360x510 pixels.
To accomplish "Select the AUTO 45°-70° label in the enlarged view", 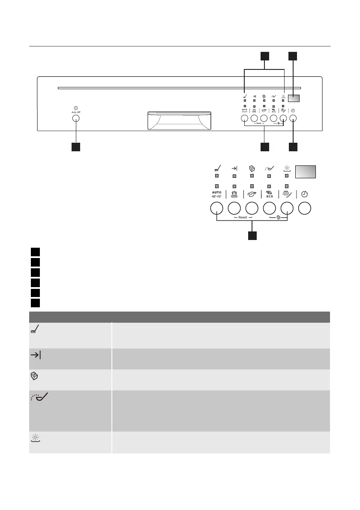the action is tap(216, 195).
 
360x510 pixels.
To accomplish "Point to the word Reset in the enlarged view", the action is tap(243, 217).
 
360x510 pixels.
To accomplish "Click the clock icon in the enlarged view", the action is tap(304, 194).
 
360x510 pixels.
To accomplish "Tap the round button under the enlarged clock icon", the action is tap(304, 209).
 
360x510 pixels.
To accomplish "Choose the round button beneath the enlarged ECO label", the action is tap(269, 209).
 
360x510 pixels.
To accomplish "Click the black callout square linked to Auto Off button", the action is tap(76, 147).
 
